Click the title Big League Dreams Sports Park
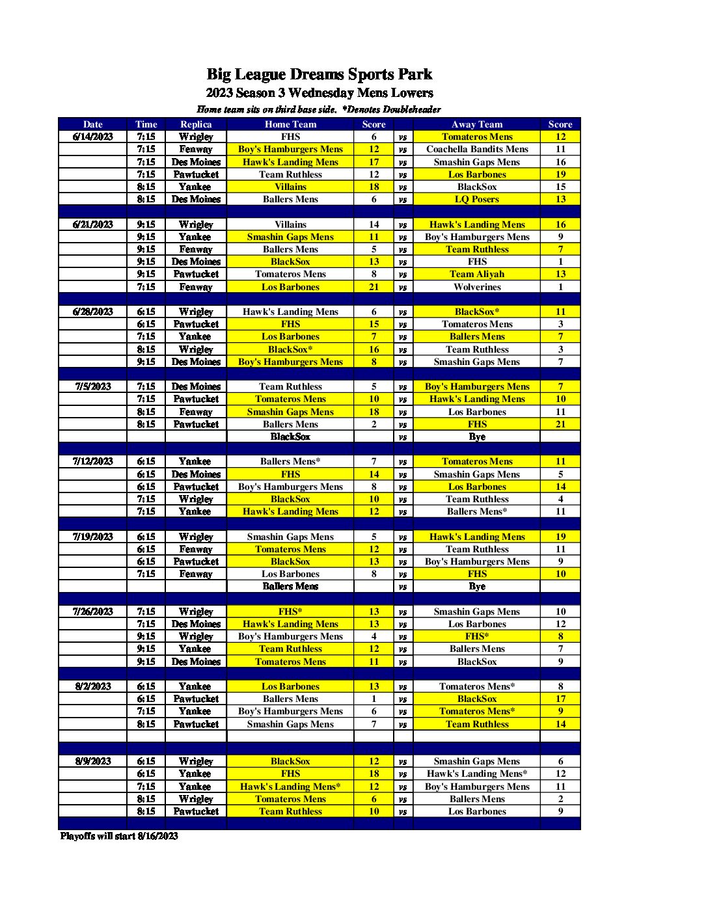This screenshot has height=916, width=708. point(319,74)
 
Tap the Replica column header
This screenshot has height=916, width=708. point(196,124)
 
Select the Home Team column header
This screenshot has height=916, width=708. point(290,124)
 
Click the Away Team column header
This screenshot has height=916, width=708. point(477,124)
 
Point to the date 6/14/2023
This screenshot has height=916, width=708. point(93,137)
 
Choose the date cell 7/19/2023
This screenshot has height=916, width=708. point(93,537)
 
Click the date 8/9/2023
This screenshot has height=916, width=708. point(93,761)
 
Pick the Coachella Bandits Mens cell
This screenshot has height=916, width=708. point(477,149)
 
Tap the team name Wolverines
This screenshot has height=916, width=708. point(477,287)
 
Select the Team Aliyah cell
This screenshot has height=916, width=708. point(477,274)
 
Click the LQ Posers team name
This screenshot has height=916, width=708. point(477,199)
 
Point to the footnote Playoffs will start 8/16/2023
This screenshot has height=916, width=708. point(119,836)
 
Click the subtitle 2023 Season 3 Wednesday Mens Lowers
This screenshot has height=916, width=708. point(319,93)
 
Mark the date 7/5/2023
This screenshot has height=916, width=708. point(93,386)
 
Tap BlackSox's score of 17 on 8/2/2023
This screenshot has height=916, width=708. point(560,699)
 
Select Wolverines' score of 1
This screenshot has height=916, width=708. point(560,287)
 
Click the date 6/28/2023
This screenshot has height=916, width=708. point(93,312)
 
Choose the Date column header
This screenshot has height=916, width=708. point(93,124)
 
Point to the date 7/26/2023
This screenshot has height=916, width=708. point(93,612)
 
